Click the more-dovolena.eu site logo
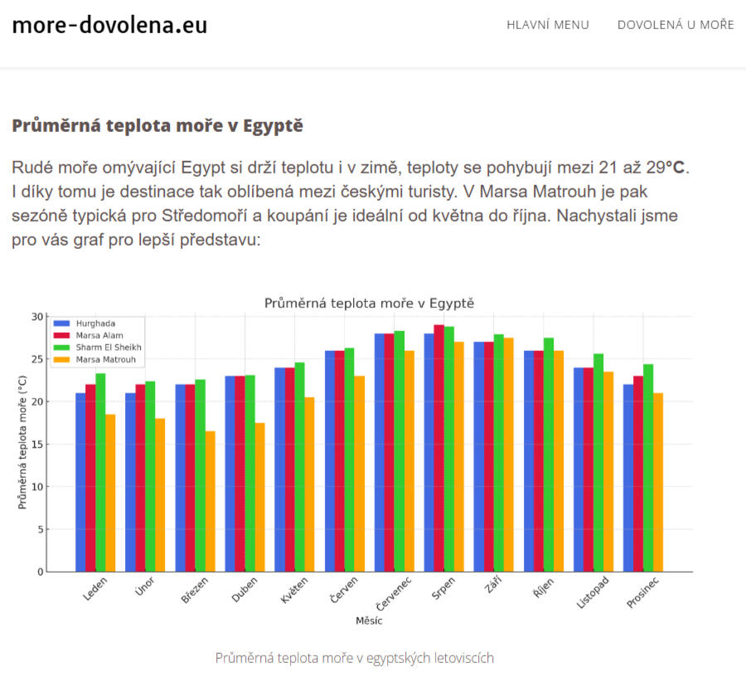109,25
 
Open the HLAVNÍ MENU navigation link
548,25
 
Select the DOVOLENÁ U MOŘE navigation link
676,25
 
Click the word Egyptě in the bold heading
273,125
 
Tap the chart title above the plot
369,304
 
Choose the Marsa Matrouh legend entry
94,359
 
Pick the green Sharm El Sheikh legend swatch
62,348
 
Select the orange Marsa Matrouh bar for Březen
211,501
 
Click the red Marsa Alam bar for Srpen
438,448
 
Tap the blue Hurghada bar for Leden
80,482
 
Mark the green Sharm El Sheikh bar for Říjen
549,455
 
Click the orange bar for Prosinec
658,482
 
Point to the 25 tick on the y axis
37,359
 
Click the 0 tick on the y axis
41,572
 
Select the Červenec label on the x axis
394,593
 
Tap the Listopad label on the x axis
593,592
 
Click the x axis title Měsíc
369,621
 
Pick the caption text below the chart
355,658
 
